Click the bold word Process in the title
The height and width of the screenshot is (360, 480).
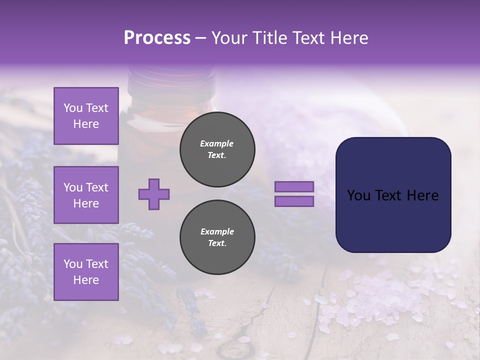tap(157, 38)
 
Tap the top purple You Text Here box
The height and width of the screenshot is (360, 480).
tap(86, 116)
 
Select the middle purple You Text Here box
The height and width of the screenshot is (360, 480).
tap(86, 195)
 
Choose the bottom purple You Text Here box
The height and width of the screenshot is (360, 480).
tap(86, 272)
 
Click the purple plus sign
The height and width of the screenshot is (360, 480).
tap(154, 194)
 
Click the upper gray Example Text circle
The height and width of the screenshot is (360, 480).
tap(217, 149)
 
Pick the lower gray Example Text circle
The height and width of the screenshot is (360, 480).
tap(217, 237)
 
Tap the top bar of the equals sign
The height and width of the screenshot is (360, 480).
tap(294, 186)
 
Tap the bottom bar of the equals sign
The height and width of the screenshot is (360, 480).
tap(294, 201)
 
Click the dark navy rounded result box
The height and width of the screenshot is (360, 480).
tap(393, 195)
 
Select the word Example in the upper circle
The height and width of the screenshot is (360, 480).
tap(217, 143)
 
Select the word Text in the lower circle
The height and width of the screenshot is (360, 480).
tap(217, 243)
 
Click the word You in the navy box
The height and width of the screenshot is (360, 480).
tap(358, 195)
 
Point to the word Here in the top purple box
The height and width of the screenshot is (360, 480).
tap(86, 124)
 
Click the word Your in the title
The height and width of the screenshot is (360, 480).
tap(229, 38)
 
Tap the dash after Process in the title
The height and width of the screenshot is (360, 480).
tap(201, 38)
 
